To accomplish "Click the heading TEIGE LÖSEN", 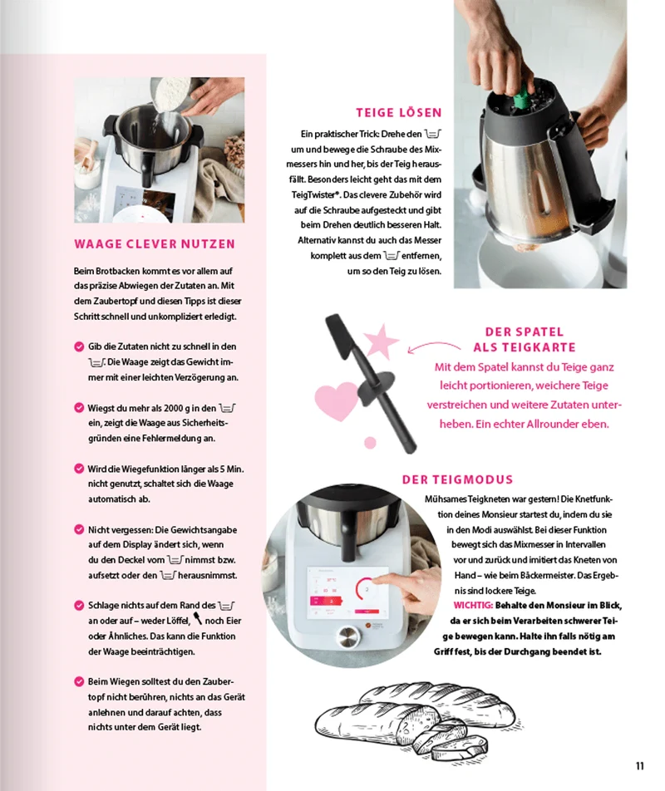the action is (399, 112).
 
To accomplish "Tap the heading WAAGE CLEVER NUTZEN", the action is (155, 244).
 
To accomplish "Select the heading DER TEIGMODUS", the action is (457, 479).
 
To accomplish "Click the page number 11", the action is (640, 766).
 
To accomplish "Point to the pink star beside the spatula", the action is (382, 341).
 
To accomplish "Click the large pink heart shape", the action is (337, 400).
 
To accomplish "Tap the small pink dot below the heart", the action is (371, 442).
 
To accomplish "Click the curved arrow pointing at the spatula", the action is (433, 346).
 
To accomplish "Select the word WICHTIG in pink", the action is (473, 606).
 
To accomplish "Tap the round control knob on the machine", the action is (347, 637).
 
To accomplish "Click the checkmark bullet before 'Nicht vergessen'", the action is (79, 530).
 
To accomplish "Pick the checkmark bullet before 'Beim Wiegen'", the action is (79, 681).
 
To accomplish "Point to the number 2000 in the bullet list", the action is (173, 408).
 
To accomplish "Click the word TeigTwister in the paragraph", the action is (313, 194).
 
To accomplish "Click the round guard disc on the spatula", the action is (376, 387).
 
